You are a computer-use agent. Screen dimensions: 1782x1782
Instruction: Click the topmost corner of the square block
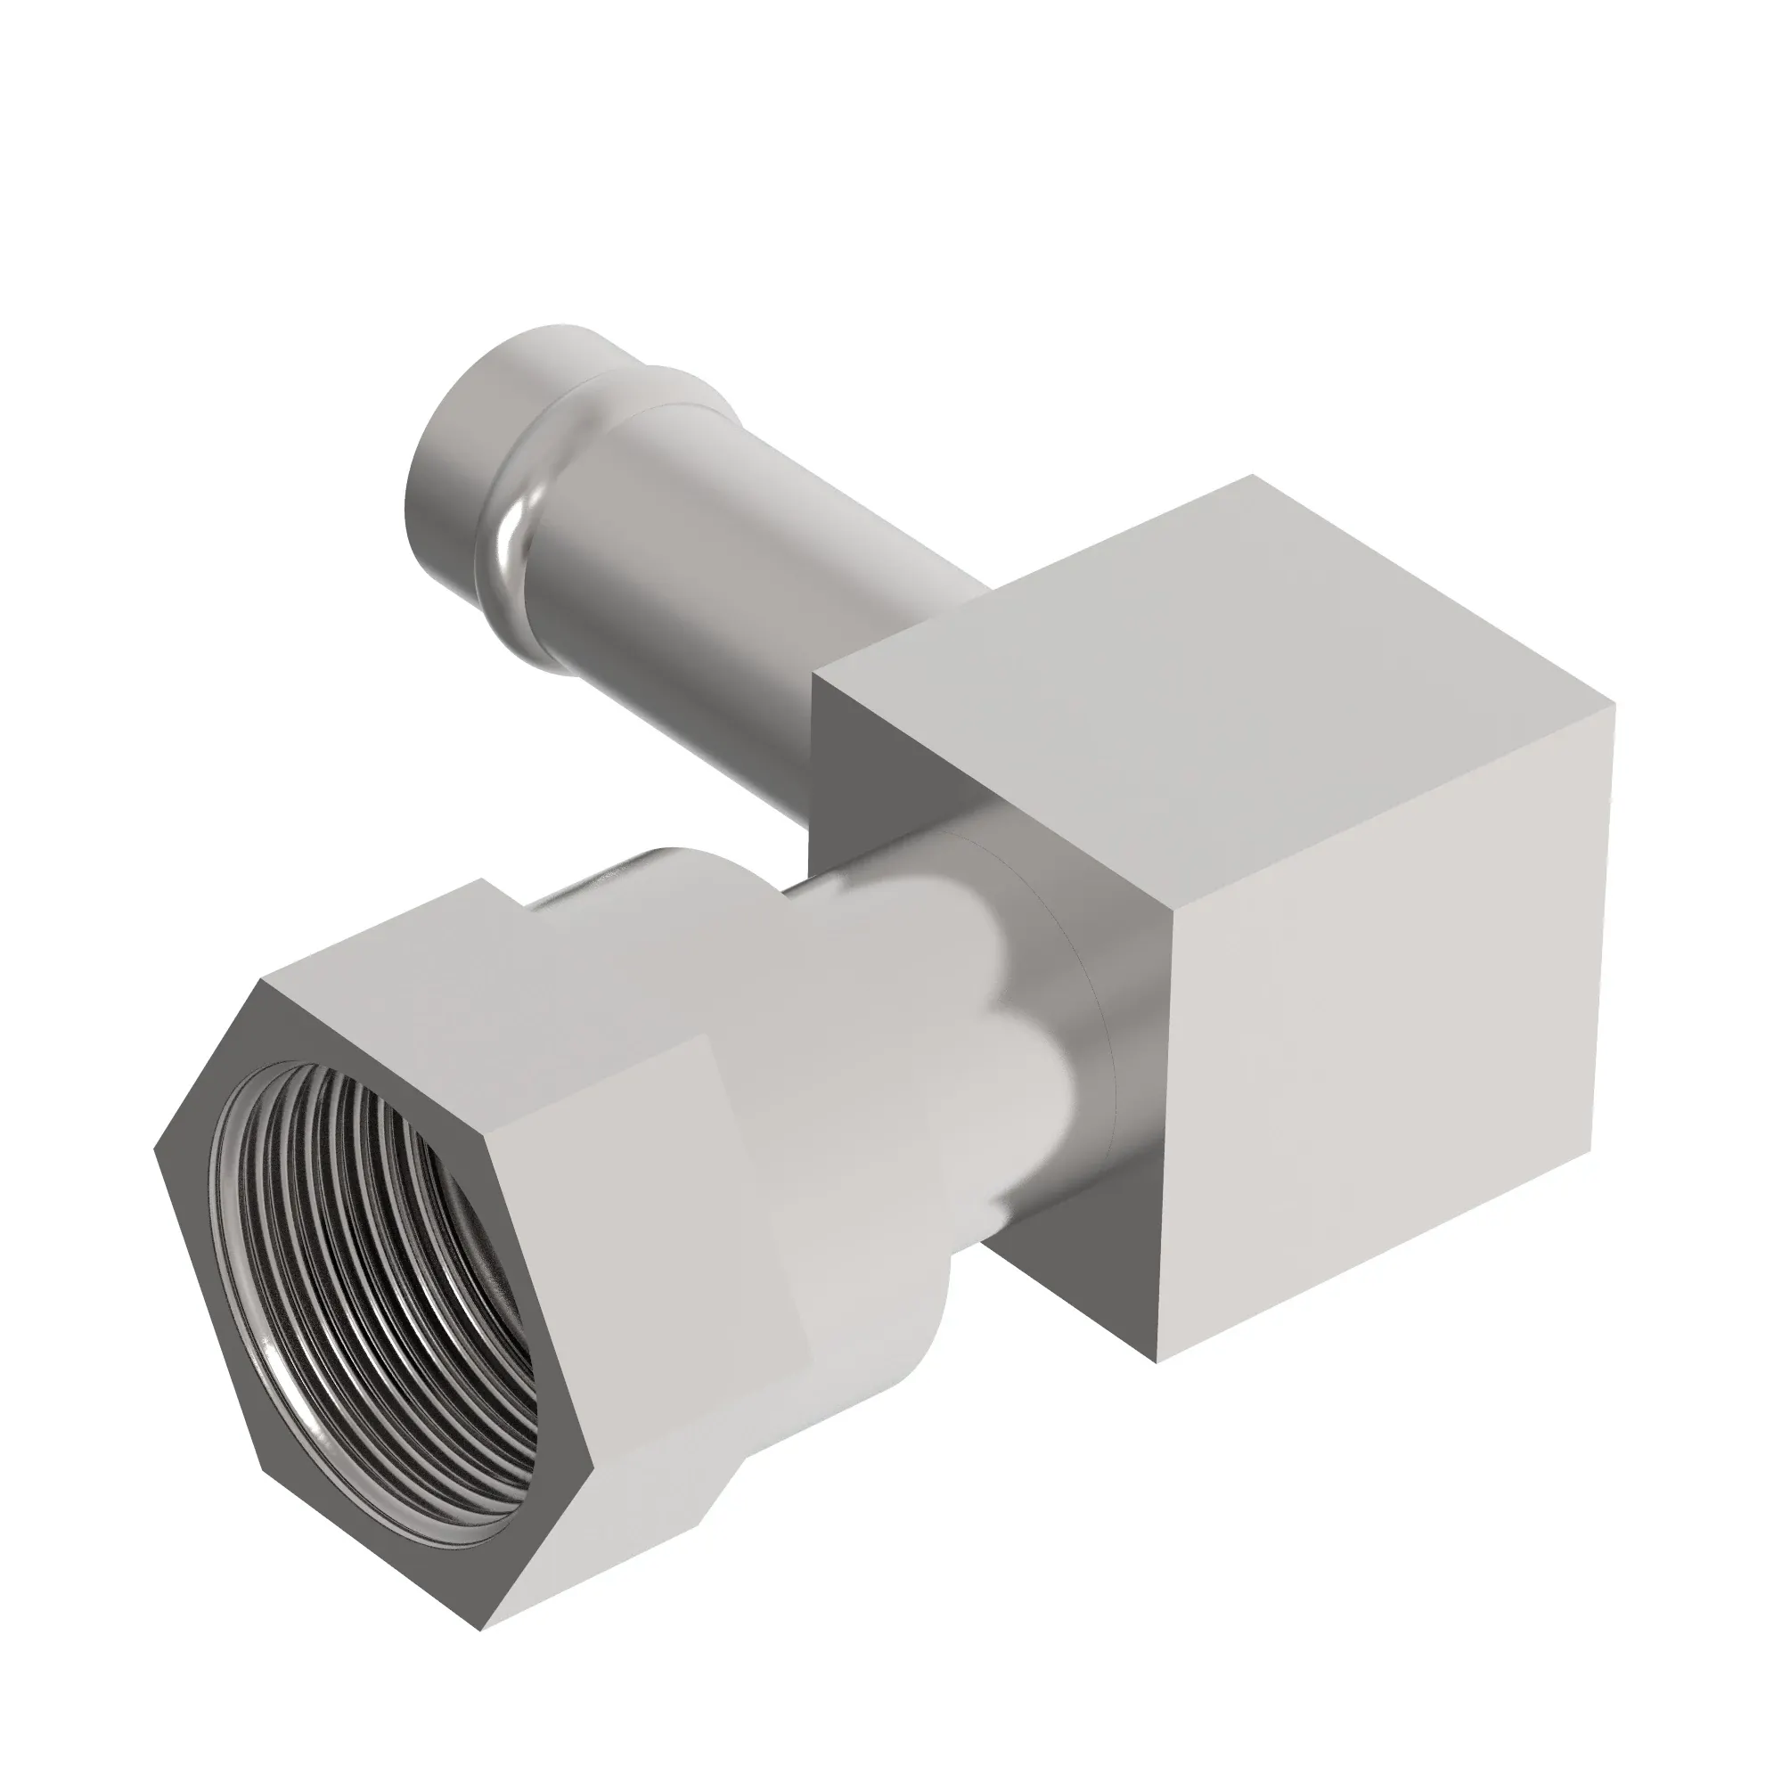[1252, 476]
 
